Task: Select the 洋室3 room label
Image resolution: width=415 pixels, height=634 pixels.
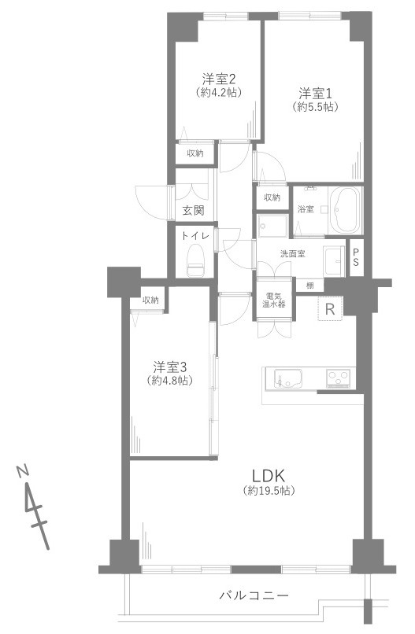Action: tap(171, 367)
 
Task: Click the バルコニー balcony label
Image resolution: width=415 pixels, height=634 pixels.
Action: tap(254, 595)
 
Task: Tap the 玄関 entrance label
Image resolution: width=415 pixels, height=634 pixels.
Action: tap(193, 210)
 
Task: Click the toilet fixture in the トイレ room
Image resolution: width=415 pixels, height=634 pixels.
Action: tap(195, 260)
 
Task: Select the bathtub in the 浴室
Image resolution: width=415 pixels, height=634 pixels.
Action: tap(344, 210)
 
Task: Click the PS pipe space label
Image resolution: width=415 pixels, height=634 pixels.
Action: tap(356, 256)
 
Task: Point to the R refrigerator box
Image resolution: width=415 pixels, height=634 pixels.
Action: tap(330, 309)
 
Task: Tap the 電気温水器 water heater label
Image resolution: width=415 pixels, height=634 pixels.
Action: tap(275, 300)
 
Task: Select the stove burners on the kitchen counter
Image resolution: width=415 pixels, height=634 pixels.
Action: tap(339, 380)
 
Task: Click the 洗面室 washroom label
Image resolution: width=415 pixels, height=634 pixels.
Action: tap(292, 253)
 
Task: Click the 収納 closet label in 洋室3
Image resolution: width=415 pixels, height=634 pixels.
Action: tap(150, 300)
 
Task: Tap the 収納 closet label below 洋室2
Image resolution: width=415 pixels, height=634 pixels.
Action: tap(195, 153)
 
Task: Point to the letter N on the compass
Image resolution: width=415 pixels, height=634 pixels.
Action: tap(24, 470)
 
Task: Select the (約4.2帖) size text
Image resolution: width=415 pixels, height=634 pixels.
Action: tap(220, 92)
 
